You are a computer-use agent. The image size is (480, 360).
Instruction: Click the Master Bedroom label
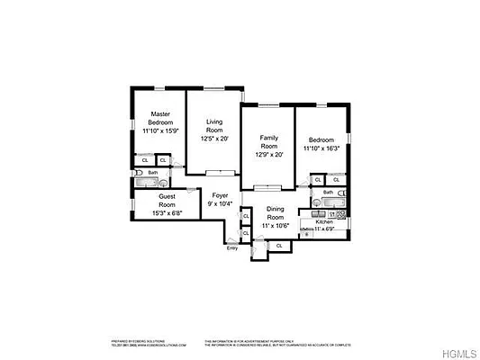161,118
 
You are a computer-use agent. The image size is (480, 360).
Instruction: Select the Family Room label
268,141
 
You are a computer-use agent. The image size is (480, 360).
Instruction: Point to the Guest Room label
168,200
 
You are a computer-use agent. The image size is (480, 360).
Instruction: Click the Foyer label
220,195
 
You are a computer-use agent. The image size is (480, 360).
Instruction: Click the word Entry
232,247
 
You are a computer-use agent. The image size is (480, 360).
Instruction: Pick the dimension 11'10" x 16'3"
322,149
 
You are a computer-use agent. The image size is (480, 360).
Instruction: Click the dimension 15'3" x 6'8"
168,212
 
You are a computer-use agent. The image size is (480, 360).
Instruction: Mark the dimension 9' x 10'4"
220,204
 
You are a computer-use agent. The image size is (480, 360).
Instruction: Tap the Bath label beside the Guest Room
153,173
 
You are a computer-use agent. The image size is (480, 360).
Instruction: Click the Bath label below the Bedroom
329,192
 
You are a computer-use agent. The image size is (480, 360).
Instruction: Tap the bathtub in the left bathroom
144,183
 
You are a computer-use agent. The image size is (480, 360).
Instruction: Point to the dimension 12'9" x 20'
268,154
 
